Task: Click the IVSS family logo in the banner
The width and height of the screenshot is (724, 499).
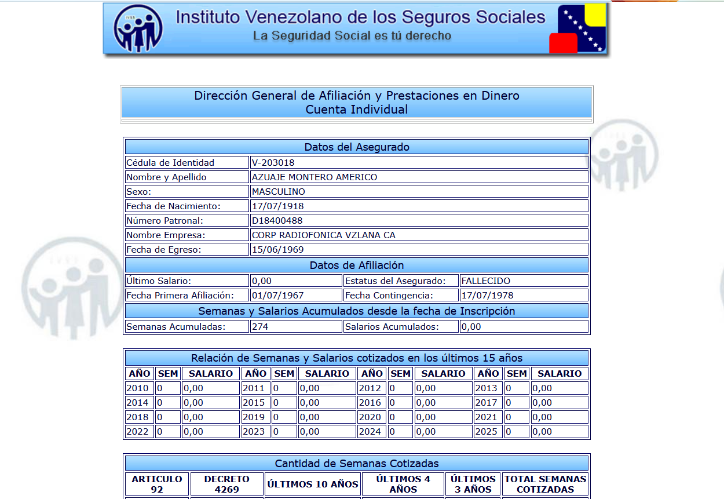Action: pyautogui.click(x=138, y=28)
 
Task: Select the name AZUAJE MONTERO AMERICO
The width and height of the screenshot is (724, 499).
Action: pyautogui.click(x=314, y=177)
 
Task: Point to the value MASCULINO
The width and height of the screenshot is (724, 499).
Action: pyautogui.click(x=278, y=192)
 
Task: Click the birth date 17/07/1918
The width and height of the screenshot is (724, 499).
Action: pyautogui.click(x=277, y=206)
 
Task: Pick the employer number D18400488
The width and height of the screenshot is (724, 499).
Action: pyautogui.click(x=277, y=221)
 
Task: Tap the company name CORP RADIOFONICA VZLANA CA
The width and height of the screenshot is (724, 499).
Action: pyautogui.click(x=323, y=235)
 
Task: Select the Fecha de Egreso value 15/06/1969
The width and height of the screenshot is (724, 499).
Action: pyautogui.click(x=277, y=250)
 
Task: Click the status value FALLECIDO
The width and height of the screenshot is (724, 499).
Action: pyautogui.click(x=485, y=281)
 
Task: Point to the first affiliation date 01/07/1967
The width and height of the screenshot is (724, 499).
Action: pyautogui.click(x=277, y=296)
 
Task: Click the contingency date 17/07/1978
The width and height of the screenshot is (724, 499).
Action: pyautogui.click(x=487, y=296)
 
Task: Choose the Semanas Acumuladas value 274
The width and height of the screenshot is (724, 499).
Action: pyautogui.click(x=260, y=327)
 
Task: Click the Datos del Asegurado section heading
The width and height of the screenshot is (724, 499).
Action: pyautogui.click(x=357, y=147)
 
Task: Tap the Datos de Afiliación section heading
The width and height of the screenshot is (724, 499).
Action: pyautogui.click(x=357, y=265)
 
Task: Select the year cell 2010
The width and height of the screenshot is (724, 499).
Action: pyautogui.click(x=138, y=388)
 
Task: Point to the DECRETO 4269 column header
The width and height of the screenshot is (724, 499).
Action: pyautogui.click(x=226, y=484)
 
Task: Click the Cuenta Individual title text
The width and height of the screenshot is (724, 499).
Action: pyautogui.click(x=357, y=110)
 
